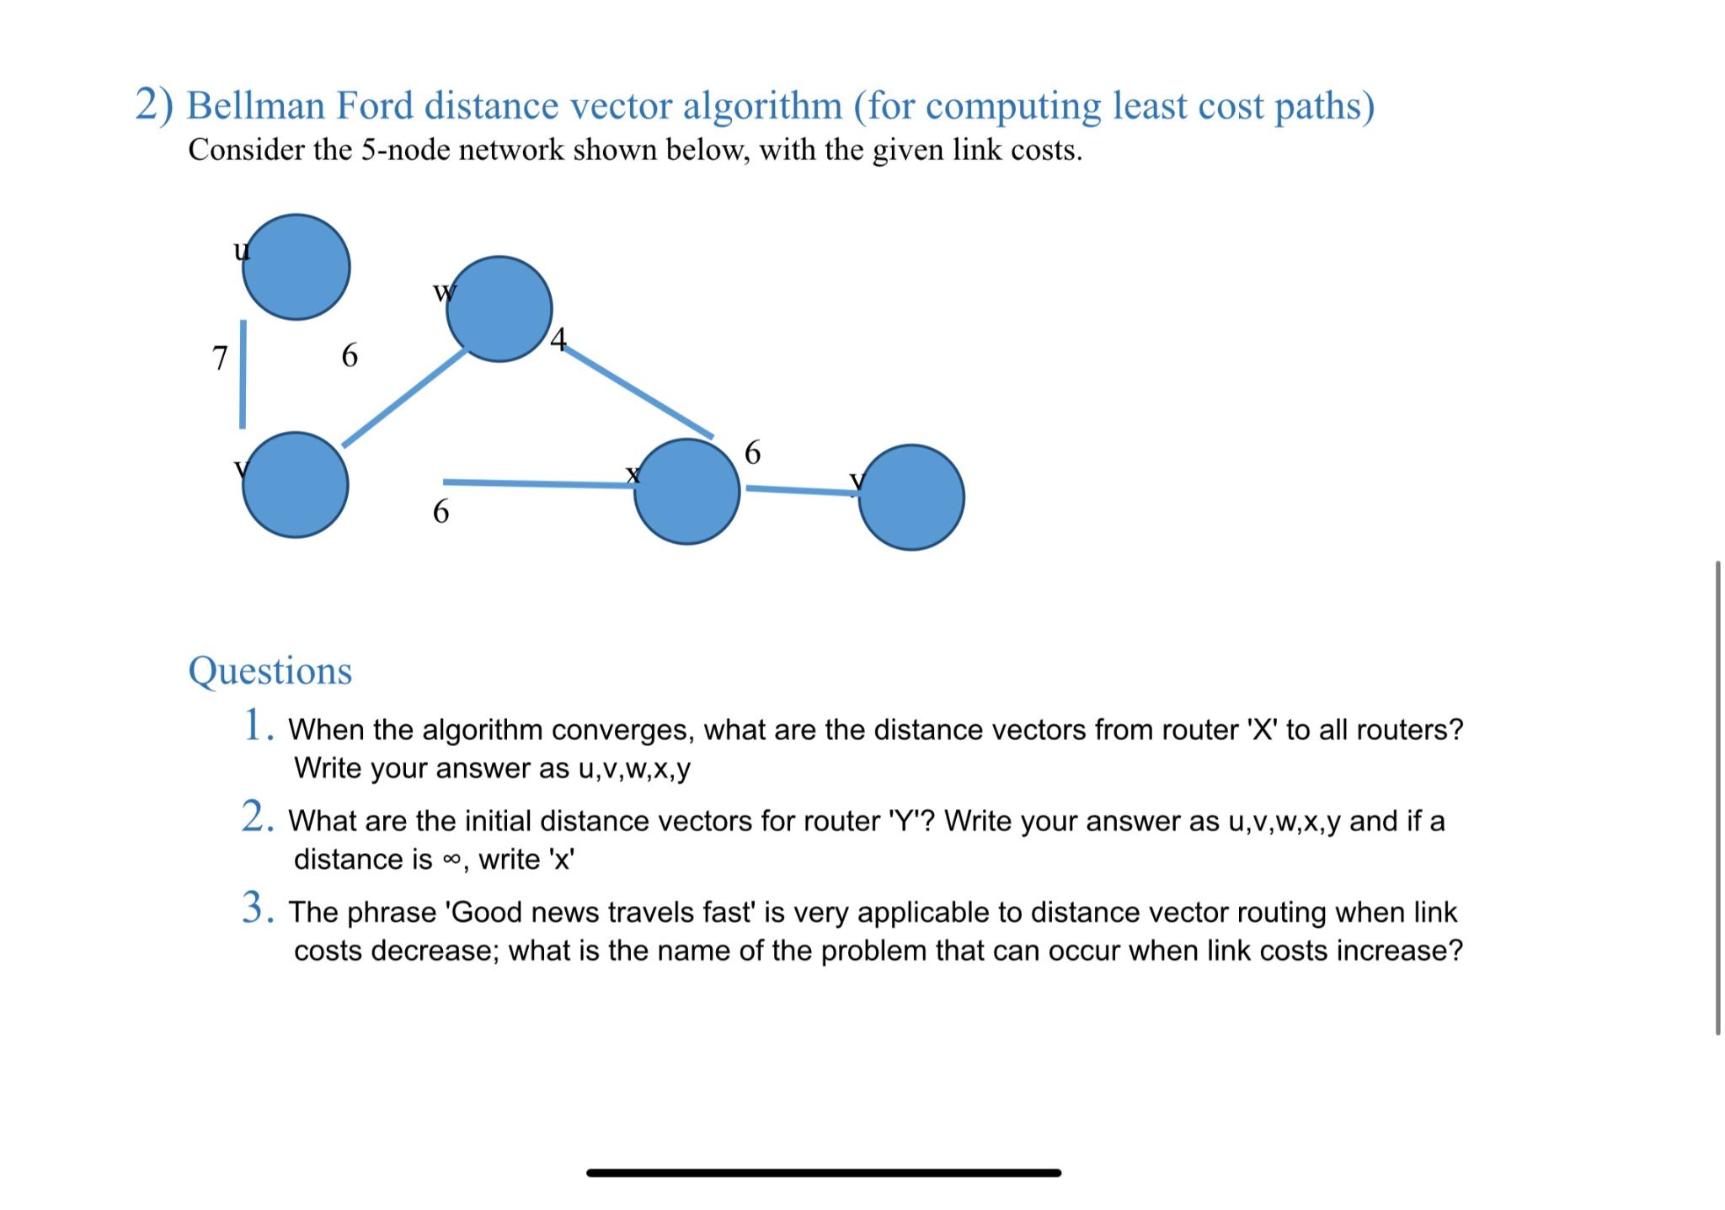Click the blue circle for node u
tap(296, 267)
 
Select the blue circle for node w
tap(499, 309)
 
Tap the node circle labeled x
tap(686, 492)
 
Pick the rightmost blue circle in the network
tap(911, 498)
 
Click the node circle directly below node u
tap(295, 485)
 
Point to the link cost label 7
tap(220, 358)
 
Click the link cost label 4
tap(558, 339)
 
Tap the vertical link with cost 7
tap(243, 375)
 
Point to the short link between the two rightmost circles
tap(800, 490)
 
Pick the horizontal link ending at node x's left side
tap(539, 483)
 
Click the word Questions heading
tap(270, 671)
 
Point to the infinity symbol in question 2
tap(452, 860)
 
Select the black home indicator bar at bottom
tap(823, 1172)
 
